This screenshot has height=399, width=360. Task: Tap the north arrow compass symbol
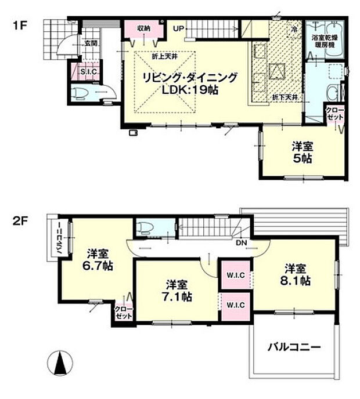59,364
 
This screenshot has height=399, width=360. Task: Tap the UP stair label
178,27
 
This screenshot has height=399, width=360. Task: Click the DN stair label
242,242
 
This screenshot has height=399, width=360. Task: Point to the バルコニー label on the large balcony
294,348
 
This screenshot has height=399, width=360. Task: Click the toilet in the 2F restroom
145,228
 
